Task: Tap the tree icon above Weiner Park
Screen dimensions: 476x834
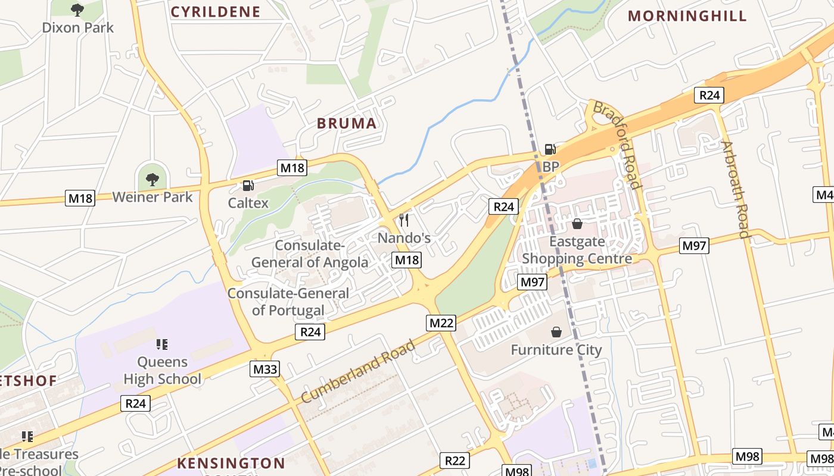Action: click(x=153, y=178)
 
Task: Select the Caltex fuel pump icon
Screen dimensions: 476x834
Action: click(x=248, y=186)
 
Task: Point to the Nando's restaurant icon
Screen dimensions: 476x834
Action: click(x=404, y=220)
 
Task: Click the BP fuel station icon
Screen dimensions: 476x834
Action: click(x=550, y=149)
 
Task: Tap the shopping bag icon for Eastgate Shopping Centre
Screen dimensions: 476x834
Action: click(x=577, y=224)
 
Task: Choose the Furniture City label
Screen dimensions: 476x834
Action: click(x=556, y=350)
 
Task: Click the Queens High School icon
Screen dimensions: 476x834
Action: click(x=161, y=344)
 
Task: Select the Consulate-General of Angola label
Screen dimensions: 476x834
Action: click(x=310, y=254)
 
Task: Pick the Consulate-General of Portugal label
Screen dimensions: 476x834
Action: click(x=288, y=302)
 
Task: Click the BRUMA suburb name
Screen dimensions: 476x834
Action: click(x=347, y=124)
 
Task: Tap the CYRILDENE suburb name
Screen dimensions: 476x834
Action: click(x=216, y=12)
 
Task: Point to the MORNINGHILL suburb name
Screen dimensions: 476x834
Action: click(x=687, y=16)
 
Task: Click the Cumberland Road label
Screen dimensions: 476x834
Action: click(x=358, y=371)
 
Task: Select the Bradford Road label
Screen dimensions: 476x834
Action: click(x=618, y=145)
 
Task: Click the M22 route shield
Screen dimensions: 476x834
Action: click(x=441, y=323)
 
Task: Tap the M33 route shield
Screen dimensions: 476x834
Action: click(x=265, y=369)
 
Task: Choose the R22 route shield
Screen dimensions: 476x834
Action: click(x=455, y=460)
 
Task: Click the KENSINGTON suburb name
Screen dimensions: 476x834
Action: click(x=231, y=463)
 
